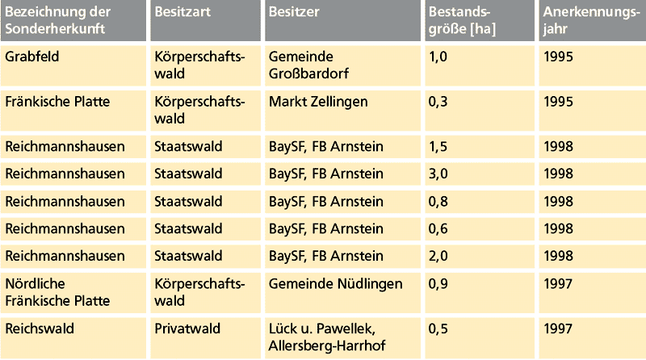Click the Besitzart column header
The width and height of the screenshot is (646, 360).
[179, 13]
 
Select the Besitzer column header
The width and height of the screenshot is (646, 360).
[295, 13]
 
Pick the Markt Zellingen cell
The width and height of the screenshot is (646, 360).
[318, 102]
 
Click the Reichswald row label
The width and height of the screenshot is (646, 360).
[39, 329]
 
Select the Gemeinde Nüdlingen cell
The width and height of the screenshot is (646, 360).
[335, 284]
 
